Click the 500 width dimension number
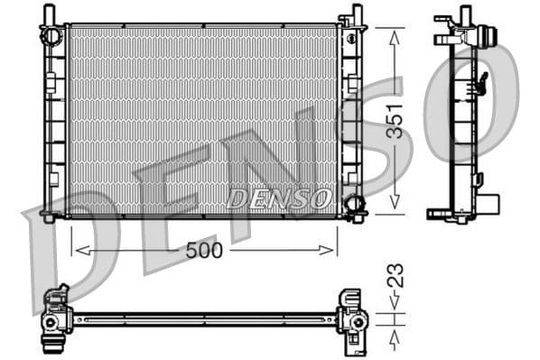pos(204,251)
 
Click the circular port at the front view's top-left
pos(51,35)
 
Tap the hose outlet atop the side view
pos(489,38)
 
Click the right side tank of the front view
pos(349,117)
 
